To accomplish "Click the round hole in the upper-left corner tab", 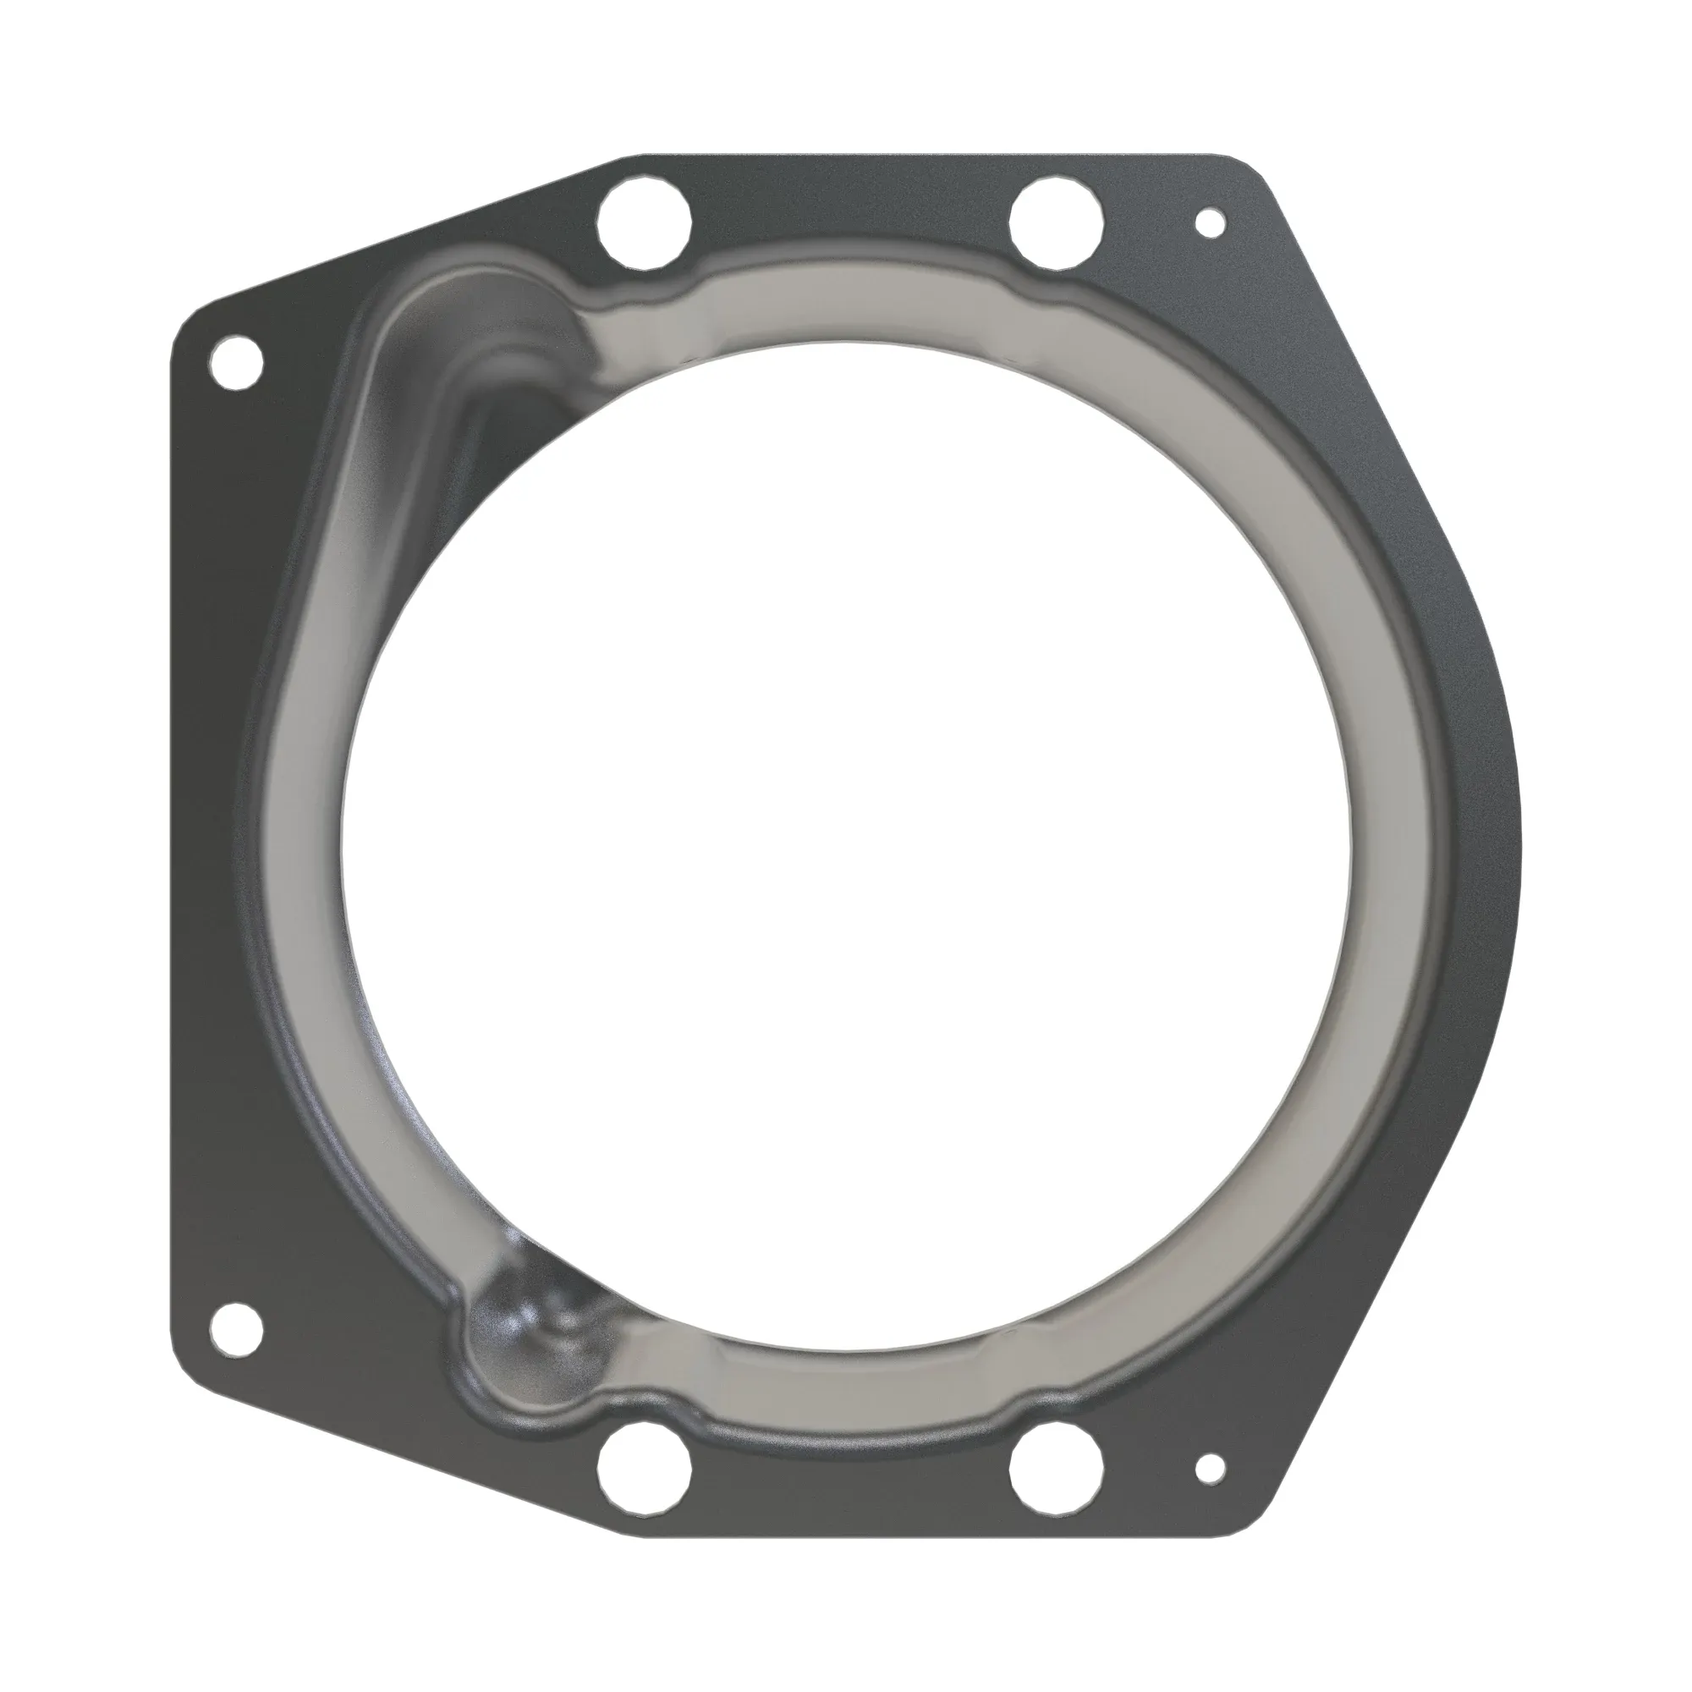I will pyautogui.click(x=237, y=361).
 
